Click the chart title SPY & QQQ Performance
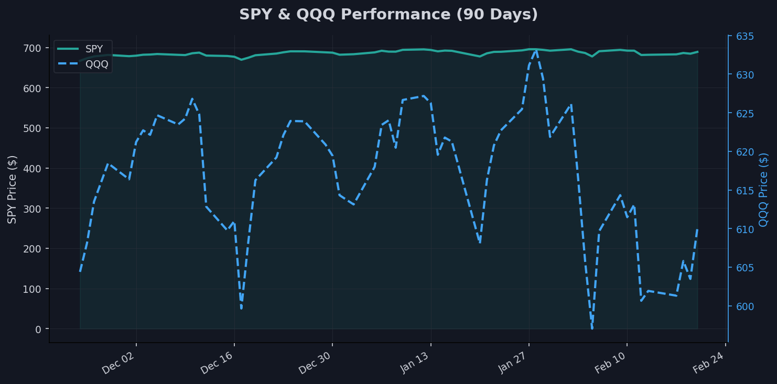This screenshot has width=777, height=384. (388, 15)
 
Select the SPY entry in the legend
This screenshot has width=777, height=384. (94, 49)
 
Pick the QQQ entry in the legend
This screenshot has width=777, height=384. (96, 64)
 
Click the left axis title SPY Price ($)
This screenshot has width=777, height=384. (12, 189)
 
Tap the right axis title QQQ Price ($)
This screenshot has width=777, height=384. (764, 189)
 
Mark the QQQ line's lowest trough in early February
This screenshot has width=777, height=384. (592, 328)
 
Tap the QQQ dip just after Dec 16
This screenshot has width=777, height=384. (241, 308)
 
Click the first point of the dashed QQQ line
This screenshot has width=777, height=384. (80, 271)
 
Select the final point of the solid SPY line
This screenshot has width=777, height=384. (697, 52)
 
